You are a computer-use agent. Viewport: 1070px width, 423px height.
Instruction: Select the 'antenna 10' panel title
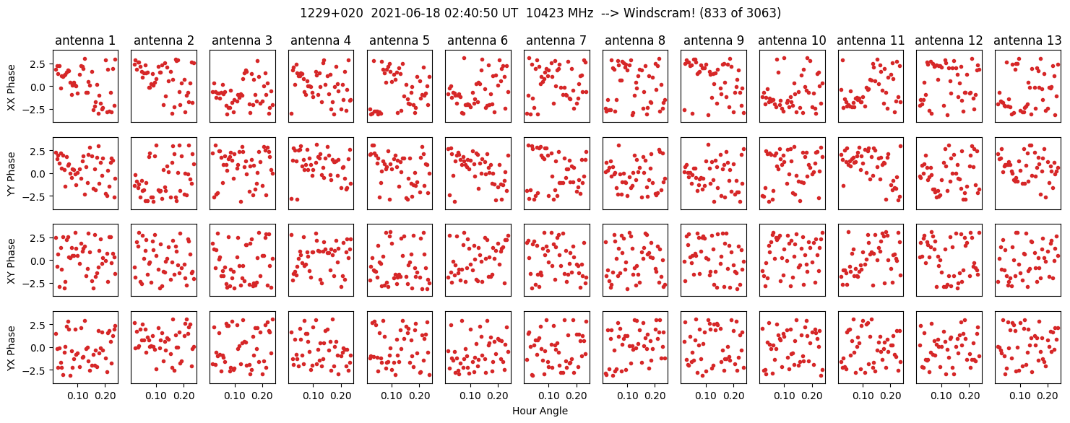(x=792, y=40)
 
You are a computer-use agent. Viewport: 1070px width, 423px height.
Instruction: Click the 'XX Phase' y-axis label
(x=10, y=87)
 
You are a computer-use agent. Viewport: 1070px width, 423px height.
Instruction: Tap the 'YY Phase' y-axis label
(x=10, y=173)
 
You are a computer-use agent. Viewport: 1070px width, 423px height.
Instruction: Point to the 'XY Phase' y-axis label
(x=10, y=260)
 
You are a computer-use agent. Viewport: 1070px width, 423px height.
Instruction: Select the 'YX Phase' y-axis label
(x=10, y=347)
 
